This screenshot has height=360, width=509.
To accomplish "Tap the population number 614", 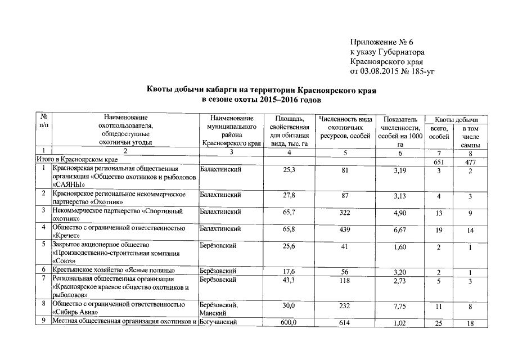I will (345, 322).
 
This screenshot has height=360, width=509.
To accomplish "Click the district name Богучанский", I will (219, 322).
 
